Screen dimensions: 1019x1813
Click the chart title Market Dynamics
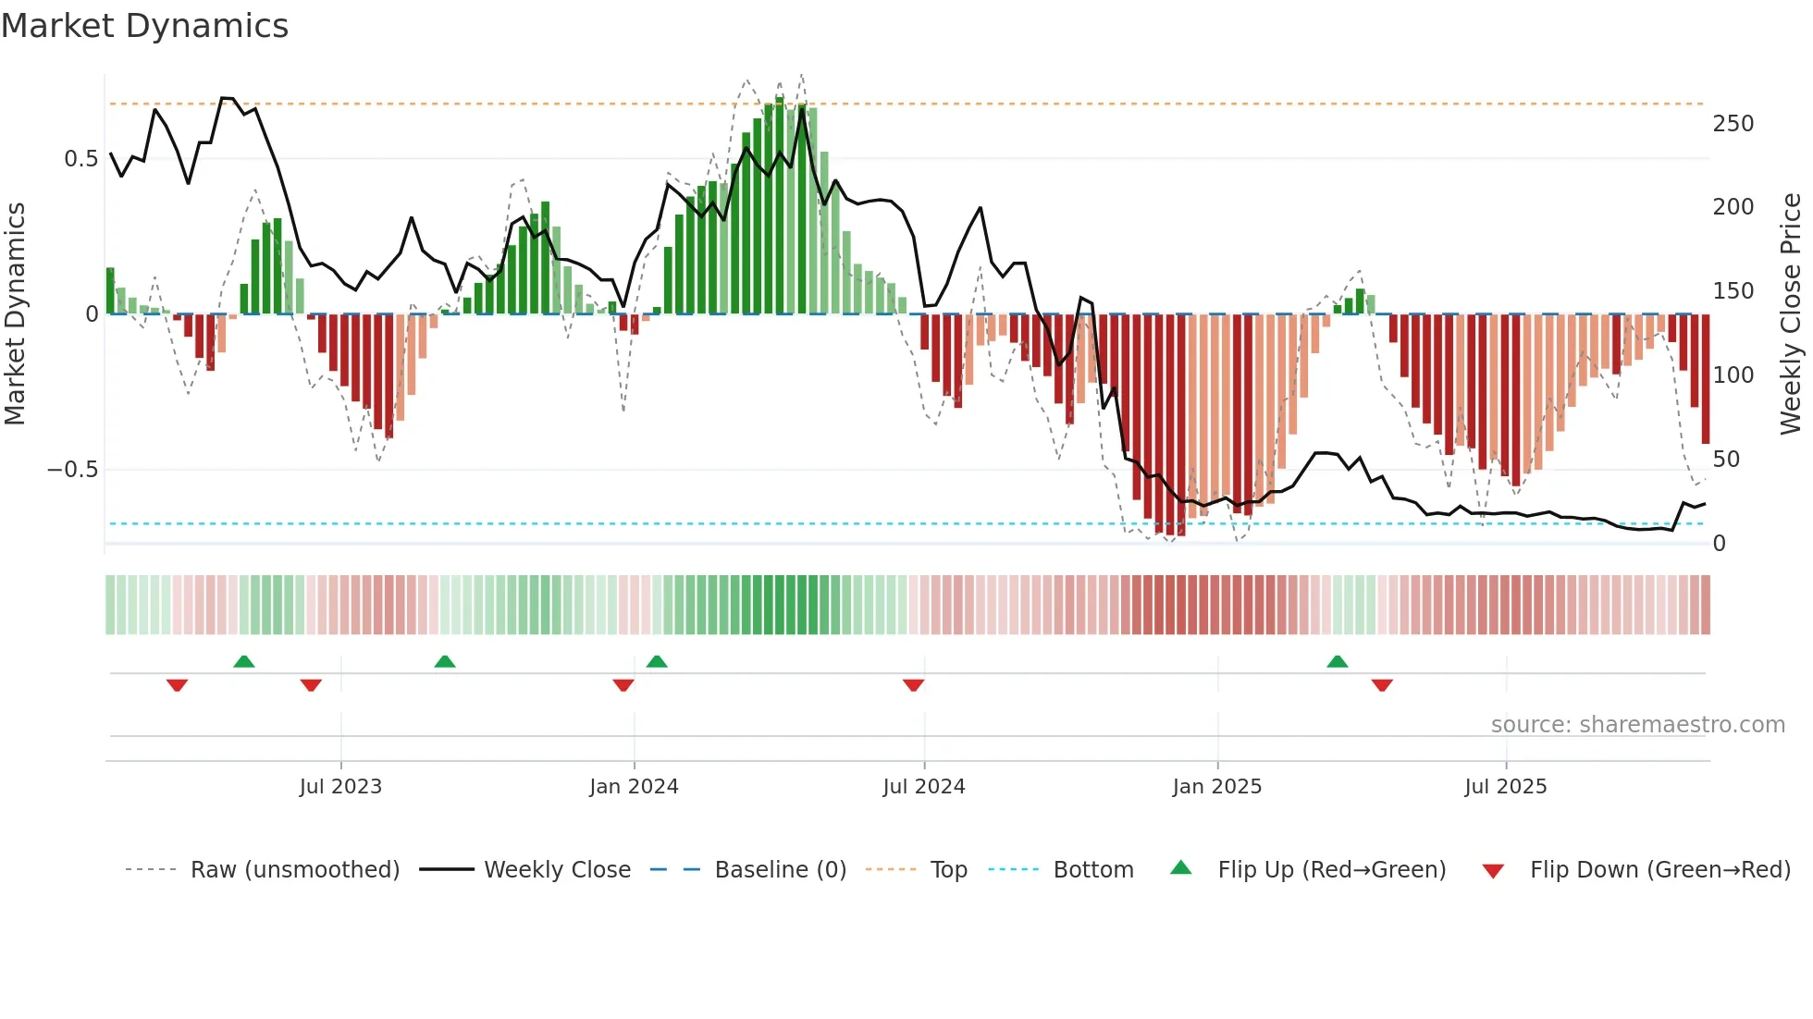(x=145, y=26)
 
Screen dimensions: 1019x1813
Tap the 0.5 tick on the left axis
(x=80, y=159)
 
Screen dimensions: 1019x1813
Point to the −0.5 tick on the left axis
(x=72, y=470)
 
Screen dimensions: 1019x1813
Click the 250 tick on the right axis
(x=1733, y=124)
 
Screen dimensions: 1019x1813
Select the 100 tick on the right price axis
(x=1733, y=375)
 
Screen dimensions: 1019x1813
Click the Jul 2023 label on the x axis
(x=340, y=787)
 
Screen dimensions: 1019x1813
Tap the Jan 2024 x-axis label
(x=634, y=787)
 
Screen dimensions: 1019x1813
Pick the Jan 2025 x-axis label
(x=1216, y=787)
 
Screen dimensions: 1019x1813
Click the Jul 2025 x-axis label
(x=1505, y=787)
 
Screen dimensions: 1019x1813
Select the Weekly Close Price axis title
(x=1791, y=314)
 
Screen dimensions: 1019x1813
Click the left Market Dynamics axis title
(x=15, y=314)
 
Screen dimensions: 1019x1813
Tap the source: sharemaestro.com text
(x=1637, y=725)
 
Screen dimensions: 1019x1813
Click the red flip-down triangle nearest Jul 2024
(x=913, y=685)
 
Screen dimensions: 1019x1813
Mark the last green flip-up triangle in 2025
(x=1337, y=661)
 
